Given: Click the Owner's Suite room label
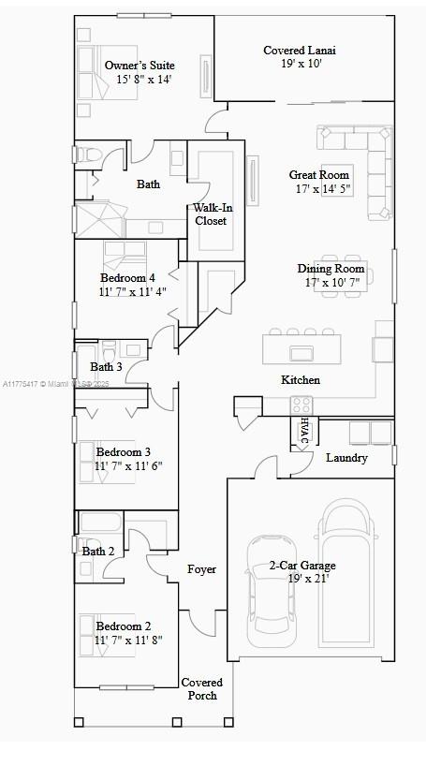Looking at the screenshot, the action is click(140, 66).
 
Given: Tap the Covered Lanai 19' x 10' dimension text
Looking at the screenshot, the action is click(301, 63).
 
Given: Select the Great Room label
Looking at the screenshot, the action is click(319, 175).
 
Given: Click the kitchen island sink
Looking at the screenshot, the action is click(301, 353).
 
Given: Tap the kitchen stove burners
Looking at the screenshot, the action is click(301, 405).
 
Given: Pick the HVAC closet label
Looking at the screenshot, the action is click(304, 431).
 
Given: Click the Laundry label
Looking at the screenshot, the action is click(346, 458).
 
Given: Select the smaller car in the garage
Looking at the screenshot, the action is click(271, 591).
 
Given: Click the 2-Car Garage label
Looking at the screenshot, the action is click(302, 566).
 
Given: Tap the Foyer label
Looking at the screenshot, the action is click(201, 569).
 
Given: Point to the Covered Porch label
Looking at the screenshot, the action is click(202, 689).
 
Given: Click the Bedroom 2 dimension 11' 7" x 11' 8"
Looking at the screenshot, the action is click(129, 640).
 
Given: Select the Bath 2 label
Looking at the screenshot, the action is click(98, 552).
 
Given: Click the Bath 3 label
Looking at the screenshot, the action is click(106, 366).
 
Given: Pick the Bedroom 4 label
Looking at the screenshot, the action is click(128, 278).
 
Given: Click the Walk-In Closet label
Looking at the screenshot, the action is click(213, 214).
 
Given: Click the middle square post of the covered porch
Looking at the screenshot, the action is click(177, 722).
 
